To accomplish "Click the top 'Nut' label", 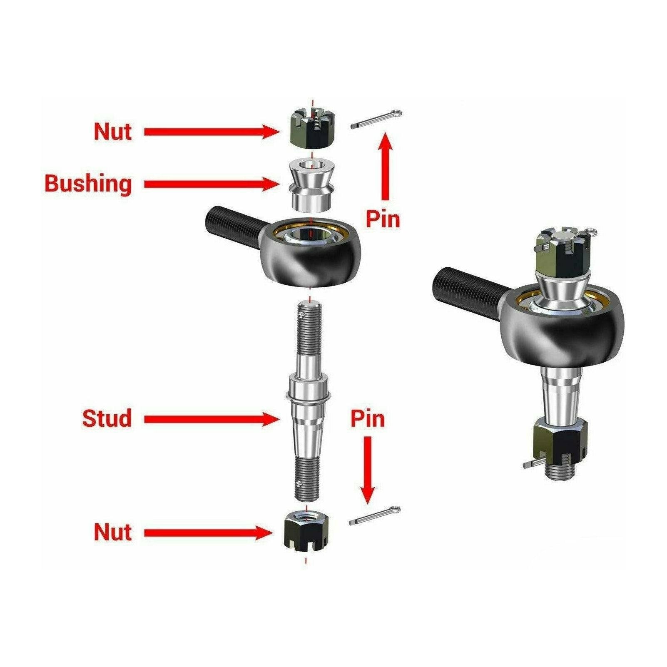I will [x=113, y=132].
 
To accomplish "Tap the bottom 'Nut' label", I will [x=113, y=532].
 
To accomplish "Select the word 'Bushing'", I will [x=88, y=183].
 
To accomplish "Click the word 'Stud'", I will [x=107, y=418].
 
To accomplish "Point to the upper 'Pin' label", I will [x=383, y=219].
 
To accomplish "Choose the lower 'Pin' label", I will [x=367, y=418].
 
